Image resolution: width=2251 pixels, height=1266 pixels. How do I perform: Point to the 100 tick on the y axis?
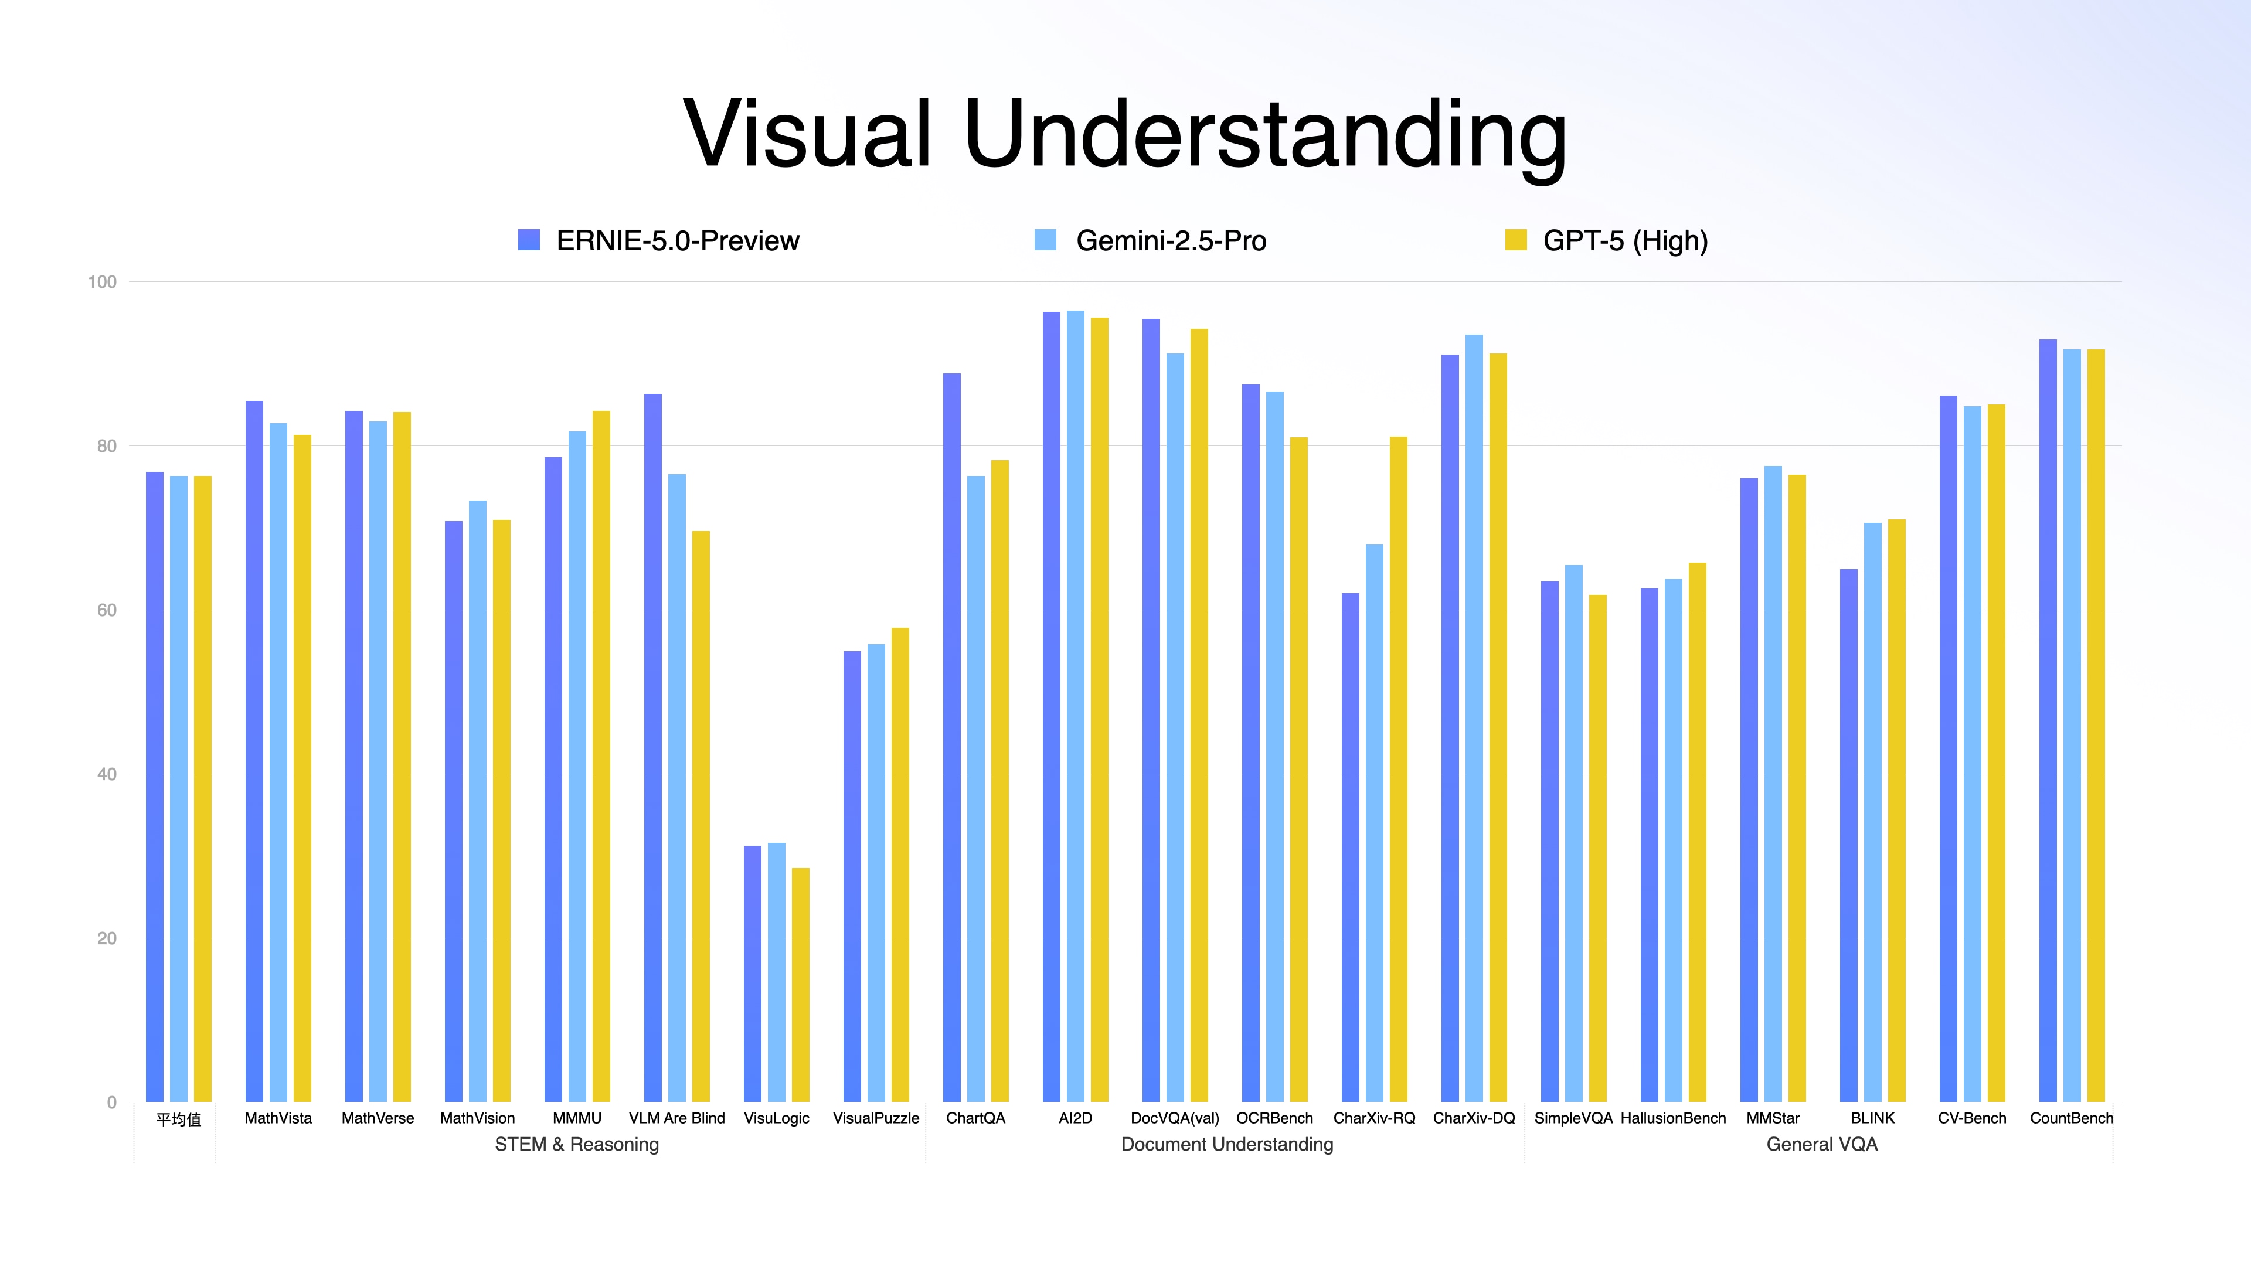(x=102, y=281)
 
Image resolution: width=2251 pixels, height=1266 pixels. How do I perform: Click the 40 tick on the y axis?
(x=106, y=774)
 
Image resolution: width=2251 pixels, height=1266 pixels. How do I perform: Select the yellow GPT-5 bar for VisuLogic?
(x=800, y=985)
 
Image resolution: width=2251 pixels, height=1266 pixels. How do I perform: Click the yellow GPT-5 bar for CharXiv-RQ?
(x=1398, y=769)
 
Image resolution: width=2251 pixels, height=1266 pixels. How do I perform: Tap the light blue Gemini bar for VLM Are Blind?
(x=677, y=787)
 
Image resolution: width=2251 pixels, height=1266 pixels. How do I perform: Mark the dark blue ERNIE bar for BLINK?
(x=1848, y=835)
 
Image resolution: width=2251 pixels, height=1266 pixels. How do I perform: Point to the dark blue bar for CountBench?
(x=2048, y=721)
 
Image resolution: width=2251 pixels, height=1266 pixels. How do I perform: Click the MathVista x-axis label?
(x=278, y=1118)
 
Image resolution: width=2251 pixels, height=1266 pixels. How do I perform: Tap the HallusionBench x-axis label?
(x=1672, y=1118)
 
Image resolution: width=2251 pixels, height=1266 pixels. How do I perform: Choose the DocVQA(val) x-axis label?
(x=1174, y=1118)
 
